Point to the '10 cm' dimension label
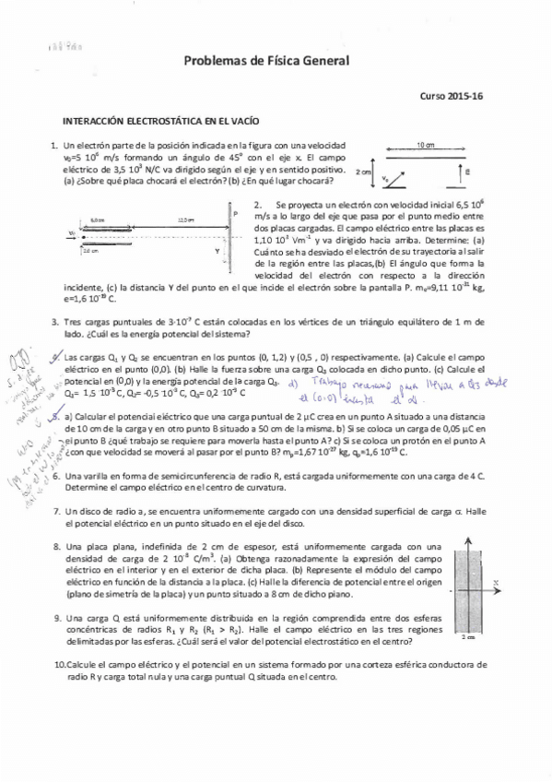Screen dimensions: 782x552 tap(426, 146)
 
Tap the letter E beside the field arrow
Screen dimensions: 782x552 tap(468, 172)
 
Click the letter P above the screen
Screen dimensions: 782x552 tap(237, 213)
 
